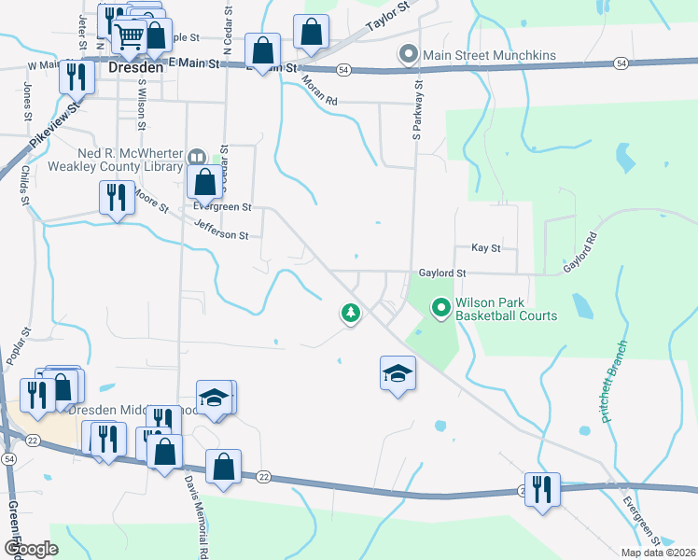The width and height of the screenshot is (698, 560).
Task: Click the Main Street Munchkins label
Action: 489,55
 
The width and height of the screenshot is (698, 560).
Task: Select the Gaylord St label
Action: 441,273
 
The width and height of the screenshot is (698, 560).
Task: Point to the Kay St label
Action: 486,248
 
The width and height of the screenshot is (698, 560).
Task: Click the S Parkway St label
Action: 418,109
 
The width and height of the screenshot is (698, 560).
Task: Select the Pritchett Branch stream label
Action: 616,381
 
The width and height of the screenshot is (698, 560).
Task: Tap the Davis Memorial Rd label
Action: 195,509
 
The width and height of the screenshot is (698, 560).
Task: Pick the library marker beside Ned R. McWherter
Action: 196,158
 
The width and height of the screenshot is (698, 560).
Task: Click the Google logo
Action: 31,548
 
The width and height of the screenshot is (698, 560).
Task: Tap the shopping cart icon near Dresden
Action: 129,37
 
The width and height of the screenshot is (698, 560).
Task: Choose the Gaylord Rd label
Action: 579,256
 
